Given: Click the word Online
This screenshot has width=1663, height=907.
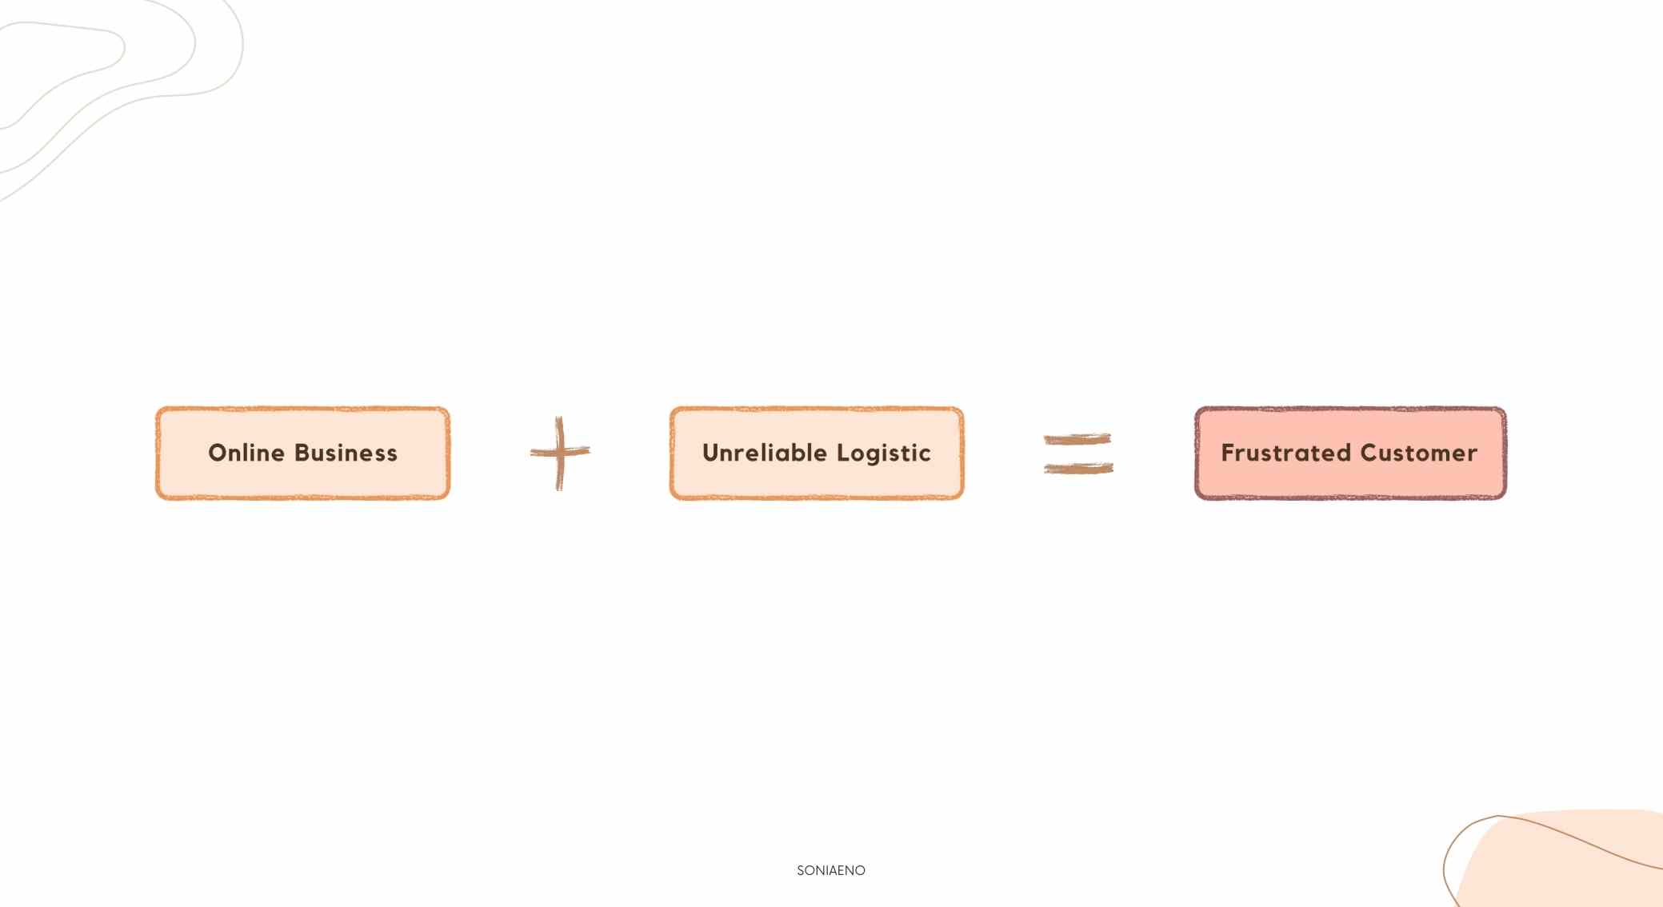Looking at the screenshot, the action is (x=246, y=453).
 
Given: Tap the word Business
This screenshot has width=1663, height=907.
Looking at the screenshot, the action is (x=346, y=453).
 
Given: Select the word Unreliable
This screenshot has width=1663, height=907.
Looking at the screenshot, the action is (x=764, y=453).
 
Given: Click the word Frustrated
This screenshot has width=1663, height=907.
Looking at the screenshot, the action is (x=1285, y=453).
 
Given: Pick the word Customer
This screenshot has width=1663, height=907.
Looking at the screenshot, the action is (x=1418, y=453).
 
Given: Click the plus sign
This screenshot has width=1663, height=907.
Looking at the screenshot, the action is (x=560, y=453).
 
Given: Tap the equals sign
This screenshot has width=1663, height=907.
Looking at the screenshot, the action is (x=1078, y=453).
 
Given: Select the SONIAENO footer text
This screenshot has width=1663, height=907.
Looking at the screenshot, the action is (x=830, y=870).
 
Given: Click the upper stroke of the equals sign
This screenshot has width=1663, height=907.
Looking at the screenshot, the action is (x=1077, y=438).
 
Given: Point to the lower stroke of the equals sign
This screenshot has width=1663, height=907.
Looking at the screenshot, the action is (x=1078, y=469).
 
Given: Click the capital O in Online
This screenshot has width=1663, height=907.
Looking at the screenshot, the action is (x=218, y=453).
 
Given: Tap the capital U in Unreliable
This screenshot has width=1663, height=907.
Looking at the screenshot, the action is (x=711, y=453).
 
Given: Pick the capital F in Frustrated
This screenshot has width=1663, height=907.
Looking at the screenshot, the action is (x=1228, y=453).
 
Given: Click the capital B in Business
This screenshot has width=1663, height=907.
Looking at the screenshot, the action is (x=302, y=453).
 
